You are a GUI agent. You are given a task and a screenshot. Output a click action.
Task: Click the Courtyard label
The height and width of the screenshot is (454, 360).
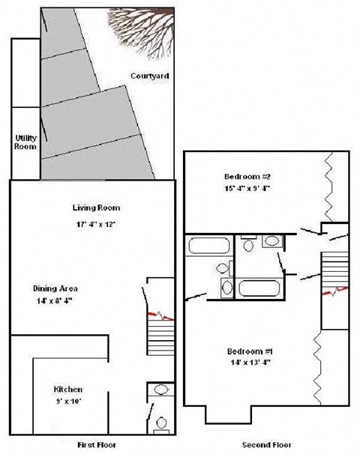pyautogui.click(x=149, y=76)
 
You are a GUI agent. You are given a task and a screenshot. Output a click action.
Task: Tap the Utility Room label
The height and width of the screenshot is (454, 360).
pyautogui.click(x=25, y=142)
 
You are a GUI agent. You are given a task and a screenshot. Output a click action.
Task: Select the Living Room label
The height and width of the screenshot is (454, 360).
pyautogui.click(x=96, y=208)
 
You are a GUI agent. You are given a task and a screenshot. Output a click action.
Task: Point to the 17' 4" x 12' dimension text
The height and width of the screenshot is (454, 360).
pyautogui.click(x=96, y=224)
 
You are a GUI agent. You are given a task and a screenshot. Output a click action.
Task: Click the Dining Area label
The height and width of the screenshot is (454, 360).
pyautogui.click(x=55, y=288)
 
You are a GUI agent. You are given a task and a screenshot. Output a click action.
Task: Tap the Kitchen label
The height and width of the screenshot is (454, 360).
pyautogui.click(x=67, y=390)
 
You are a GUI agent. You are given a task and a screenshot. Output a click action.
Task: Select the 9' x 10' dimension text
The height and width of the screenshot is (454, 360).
pyautogui.click(x=67, y=402)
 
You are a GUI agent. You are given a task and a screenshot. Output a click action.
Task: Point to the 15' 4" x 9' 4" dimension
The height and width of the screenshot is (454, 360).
pyautogui.click(x=247, y=188)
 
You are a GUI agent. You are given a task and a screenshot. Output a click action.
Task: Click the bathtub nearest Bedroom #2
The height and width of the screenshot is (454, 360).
pyautogui.click(x=208, y=246)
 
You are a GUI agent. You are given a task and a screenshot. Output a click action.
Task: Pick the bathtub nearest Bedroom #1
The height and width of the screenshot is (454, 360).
pyautogui.click(x=259, y=288)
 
